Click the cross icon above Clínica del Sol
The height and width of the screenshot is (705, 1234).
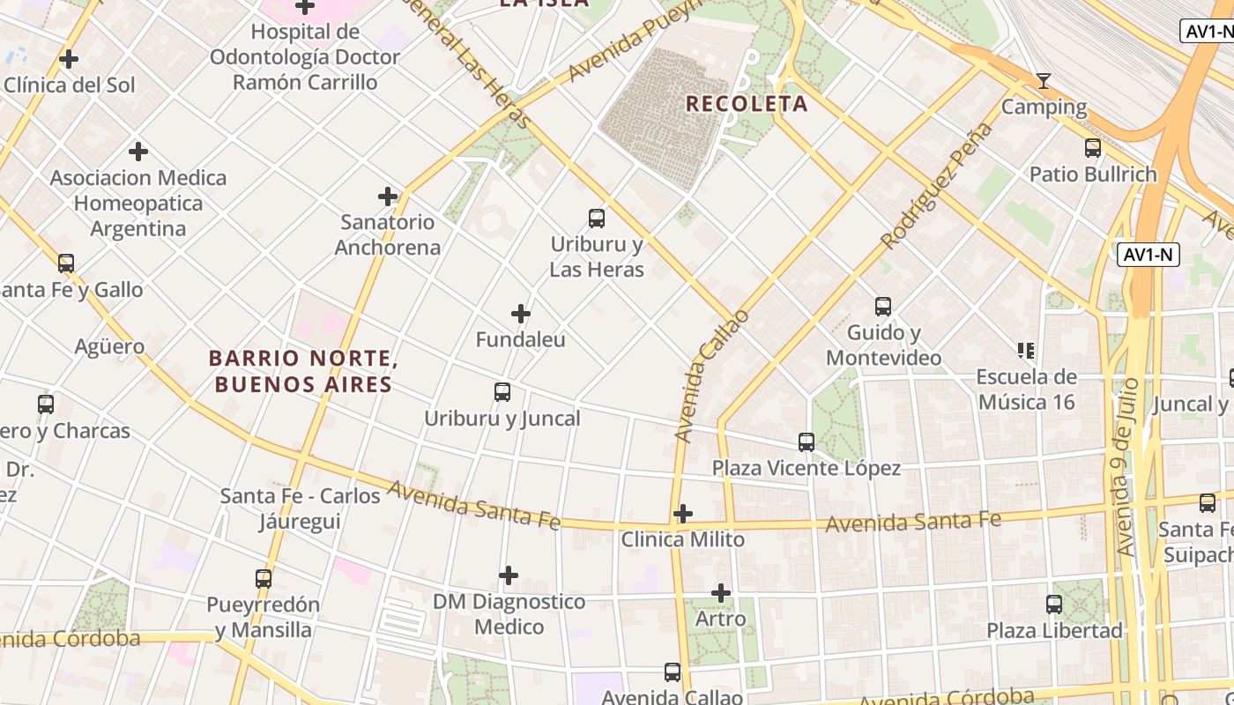coord(69,60)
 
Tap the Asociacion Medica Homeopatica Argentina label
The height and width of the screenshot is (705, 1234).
coord(138,204)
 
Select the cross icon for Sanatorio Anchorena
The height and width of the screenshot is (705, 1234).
coord(388,196)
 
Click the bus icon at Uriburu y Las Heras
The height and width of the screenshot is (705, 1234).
coord(597,218)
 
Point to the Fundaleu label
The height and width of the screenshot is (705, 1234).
coord(521,339)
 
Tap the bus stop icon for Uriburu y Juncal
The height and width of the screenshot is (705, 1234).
coord(502,392)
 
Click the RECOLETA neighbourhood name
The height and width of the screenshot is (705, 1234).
coord(747,104)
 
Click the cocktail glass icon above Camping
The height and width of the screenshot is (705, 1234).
coord(1044,81)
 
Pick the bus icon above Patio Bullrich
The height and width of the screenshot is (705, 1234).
coord(1093,148)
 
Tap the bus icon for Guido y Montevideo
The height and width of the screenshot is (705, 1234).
coord(883,307)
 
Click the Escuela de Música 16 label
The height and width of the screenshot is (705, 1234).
coord(1026,390)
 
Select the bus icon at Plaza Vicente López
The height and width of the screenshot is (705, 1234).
coord(807,442)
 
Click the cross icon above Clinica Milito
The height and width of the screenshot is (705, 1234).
coord(683,513)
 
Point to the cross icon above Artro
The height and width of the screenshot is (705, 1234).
coord(721,593)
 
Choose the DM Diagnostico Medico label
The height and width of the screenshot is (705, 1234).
coord(509,614)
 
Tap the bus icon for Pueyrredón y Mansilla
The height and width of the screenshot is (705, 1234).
coord(264,579)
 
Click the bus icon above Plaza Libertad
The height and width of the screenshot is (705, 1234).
coord(1054,605)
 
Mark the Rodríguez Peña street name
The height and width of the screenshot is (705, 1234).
coord(936,187)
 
